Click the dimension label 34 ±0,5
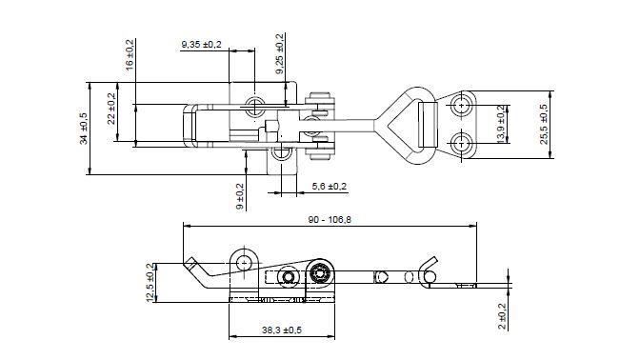pyautogui.click(x=84, y=129)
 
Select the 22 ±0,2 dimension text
pyautogui.click(x=111, y=109)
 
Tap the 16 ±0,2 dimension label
pyautogui.click(x=130, y=55)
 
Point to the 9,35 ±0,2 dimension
pyautogui.click(x=201, y=45)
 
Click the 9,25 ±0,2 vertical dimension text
pyautogui.click(x=280, y=54)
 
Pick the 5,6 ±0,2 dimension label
pyautogui.click(x=329, y=186)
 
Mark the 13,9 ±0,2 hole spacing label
pyautogui.click(x=501, y=124)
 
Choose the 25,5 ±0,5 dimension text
pyautogui.click(x=544, y=124)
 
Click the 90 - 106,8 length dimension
pyautogui.click(x=330, y=220)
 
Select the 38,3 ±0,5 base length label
pyautogui.click(x=282, y=330)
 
